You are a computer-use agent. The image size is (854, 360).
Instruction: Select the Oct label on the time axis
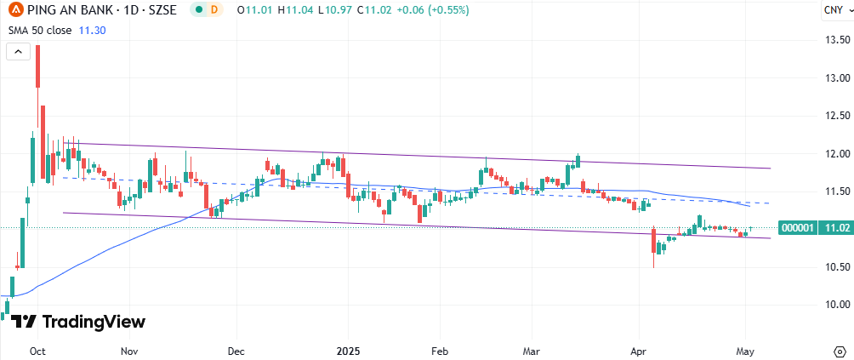click(x=37, y=351)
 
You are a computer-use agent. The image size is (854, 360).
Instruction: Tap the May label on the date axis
click(x=745, y=351)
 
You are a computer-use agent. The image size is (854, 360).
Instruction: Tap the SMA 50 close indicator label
click(x=39, y=29)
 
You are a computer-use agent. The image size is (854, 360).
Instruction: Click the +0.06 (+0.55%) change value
click(x=428, y=10)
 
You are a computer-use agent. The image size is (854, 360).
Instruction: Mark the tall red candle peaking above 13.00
click(x=37, y=66)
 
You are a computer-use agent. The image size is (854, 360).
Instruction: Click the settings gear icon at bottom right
click(x=837, y=351)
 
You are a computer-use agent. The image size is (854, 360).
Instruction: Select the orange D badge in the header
click(x=213, y=10)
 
